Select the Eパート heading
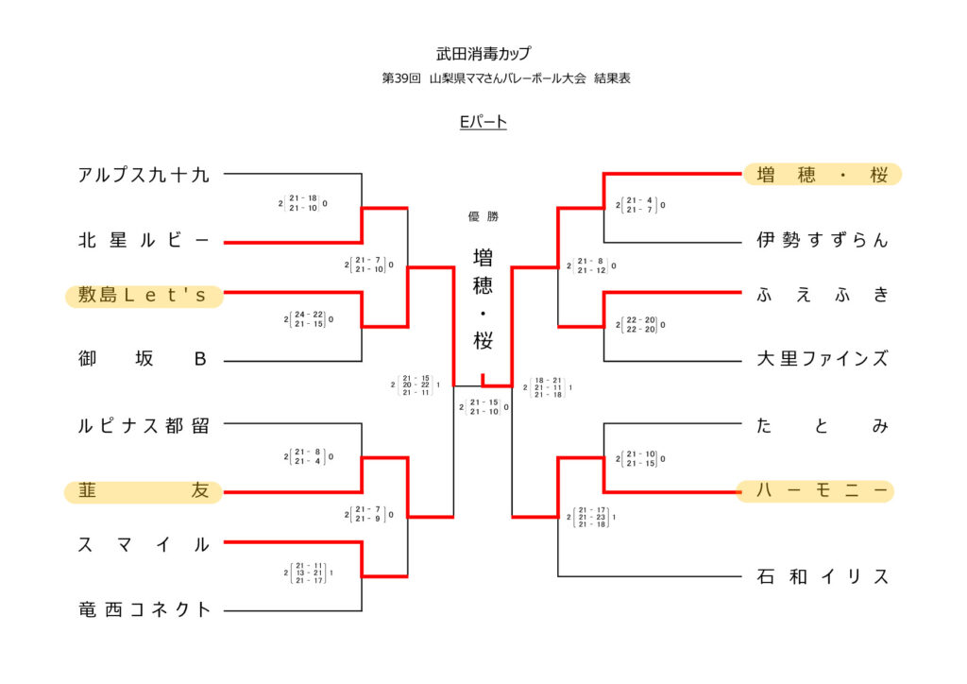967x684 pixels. (x=483, y=121)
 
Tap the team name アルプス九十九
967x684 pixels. (x=144, y=175)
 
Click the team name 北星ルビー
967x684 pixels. (x=144, y=241)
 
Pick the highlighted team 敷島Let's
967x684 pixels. (x=144, y=297)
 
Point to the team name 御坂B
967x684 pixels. (x=144, y=359)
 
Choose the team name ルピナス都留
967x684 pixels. (x=144, y=425)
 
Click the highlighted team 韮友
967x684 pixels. (x=144, y=491)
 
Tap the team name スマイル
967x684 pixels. (x=144, y=544)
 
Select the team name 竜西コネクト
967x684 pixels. (x=144, y=609)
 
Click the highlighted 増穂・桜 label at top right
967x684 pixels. (x=823, y=175)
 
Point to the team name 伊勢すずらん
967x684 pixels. (x=823, y=240)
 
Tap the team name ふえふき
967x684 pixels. (x=823, y=295)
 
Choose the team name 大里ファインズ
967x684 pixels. (x=823, y=359)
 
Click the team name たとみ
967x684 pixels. (x=823, y=426)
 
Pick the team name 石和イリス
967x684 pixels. (x=823, y=576)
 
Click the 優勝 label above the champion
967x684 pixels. (x=483, y=216)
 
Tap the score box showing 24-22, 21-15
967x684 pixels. (x=308, y=319)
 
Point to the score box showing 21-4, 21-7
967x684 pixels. (x=640, y=204)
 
